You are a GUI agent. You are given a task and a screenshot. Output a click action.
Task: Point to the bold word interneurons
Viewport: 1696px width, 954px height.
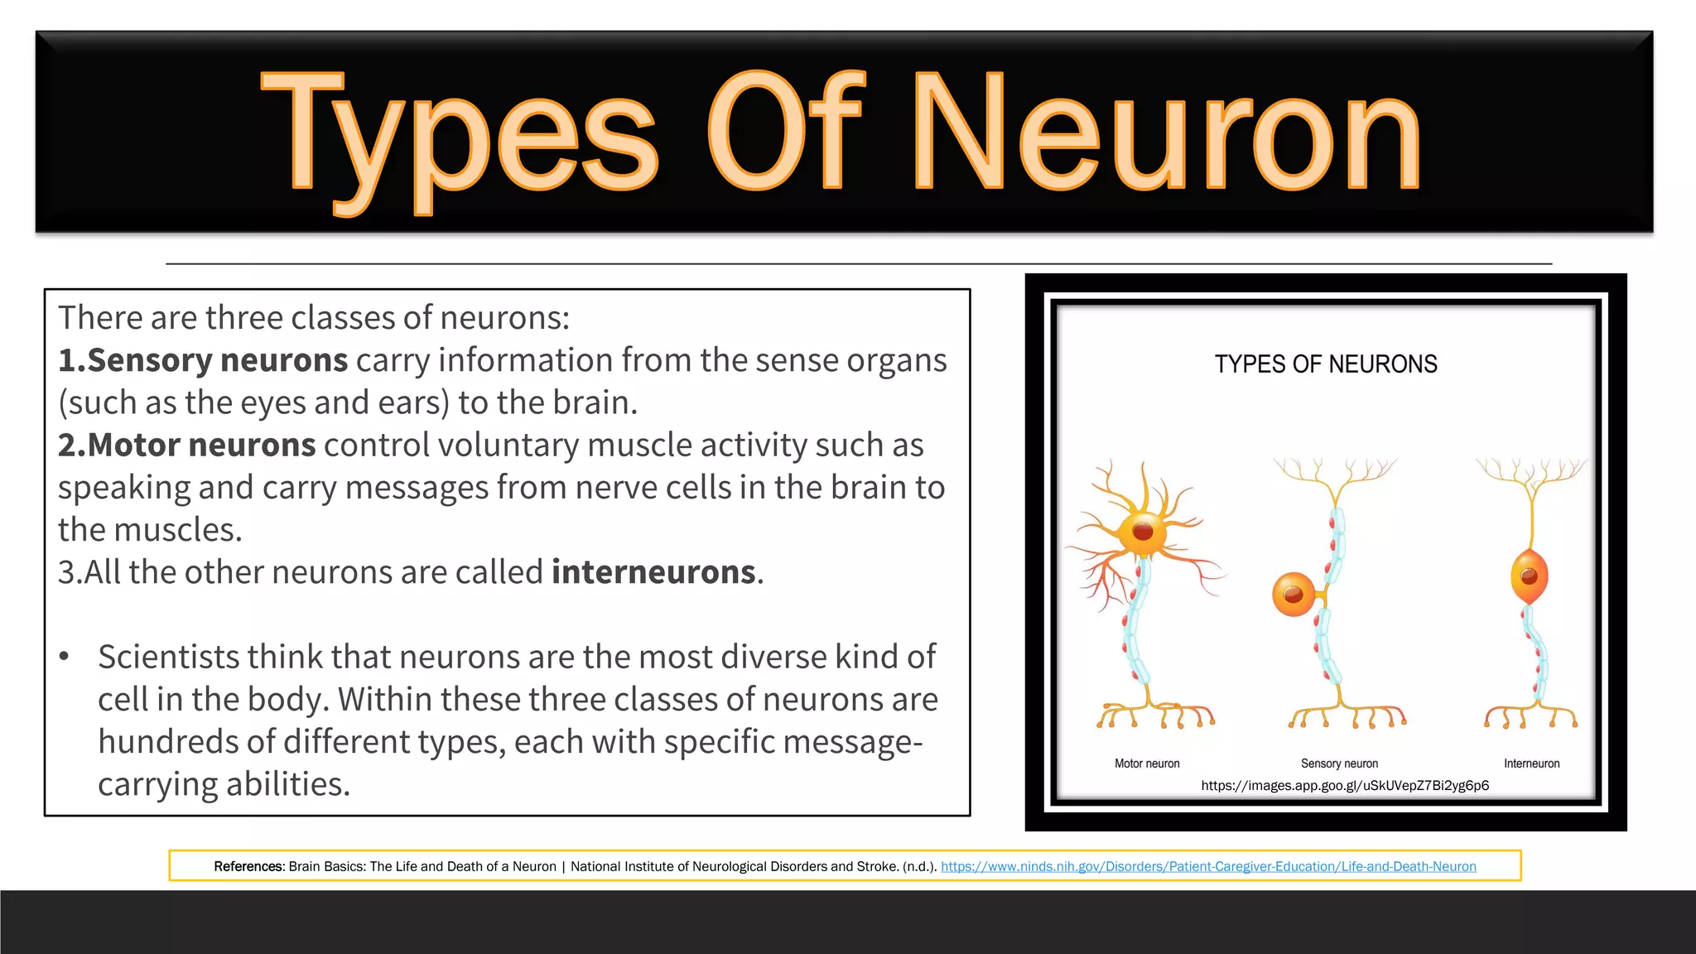[x=653, y=572]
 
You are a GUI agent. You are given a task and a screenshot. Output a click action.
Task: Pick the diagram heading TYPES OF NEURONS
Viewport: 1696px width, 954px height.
[x=1325, y=364]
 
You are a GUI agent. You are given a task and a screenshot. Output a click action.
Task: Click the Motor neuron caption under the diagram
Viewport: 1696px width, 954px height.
[x=1147, y=764]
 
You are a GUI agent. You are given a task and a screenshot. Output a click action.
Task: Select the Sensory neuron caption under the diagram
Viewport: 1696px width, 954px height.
[x=1339, y=764]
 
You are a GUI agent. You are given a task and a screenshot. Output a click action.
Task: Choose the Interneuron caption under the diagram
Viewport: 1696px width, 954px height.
[x=1531, y=764]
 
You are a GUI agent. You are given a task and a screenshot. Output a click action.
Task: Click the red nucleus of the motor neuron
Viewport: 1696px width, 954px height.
[x=1143, y=532]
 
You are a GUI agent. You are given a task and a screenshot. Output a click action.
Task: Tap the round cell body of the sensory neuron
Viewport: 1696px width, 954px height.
[x=1293, y=594]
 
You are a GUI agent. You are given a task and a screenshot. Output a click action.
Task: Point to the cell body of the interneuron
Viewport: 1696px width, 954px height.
[x=1529, y=576]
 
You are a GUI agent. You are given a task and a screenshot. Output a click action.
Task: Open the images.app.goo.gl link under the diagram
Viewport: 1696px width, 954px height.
[x=1345, y=786]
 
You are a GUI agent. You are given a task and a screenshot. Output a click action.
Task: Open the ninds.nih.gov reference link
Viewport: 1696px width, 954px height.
[x=1208, y=867]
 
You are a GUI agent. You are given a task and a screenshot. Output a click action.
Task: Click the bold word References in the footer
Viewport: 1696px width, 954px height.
[x=248, y=867]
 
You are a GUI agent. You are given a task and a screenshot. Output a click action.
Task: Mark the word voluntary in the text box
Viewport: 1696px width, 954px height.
[x=508, y=446]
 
